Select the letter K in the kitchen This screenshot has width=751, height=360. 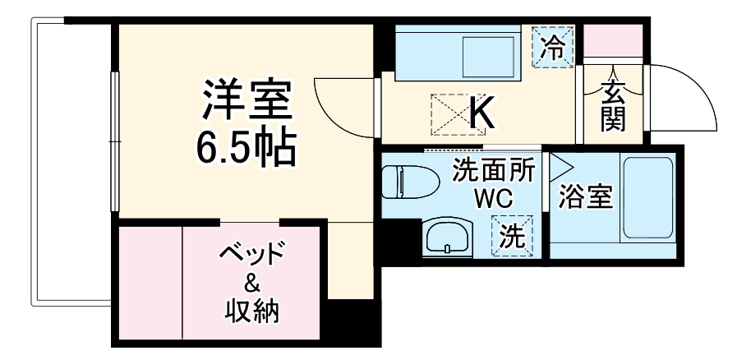(482, 114)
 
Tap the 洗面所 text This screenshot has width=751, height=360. (495, 172)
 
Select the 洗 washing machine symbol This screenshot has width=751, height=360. (512, 237)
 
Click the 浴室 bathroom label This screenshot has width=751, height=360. (586, 197)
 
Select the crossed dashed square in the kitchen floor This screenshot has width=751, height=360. (449, 114)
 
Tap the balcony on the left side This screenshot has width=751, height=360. (71, 164)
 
